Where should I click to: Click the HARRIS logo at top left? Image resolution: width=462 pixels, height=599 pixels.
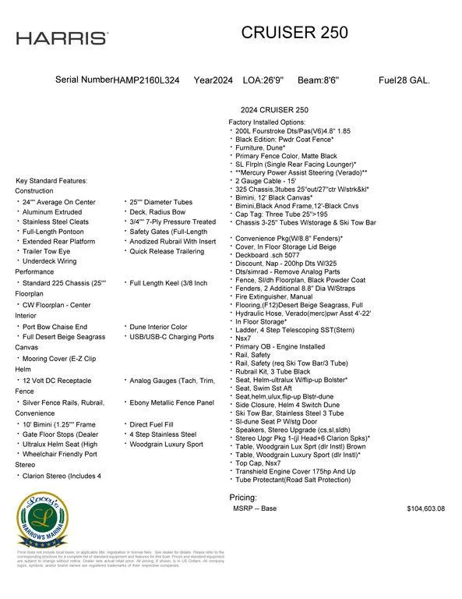62,38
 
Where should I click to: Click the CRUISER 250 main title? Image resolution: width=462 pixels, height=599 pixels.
294,32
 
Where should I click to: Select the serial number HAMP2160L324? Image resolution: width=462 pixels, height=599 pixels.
146,80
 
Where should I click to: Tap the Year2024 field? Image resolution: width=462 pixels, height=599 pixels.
213,80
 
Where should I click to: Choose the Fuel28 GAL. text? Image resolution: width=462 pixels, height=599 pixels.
404,80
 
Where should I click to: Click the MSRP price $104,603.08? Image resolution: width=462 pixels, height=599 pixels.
425,508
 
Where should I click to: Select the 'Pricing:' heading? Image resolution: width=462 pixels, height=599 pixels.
243,497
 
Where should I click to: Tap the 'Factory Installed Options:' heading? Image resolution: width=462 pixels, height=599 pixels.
266,122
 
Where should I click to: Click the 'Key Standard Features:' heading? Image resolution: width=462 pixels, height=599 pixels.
51,181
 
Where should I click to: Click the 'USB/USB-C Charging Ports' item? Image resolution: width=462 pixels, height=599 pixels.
171,337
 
